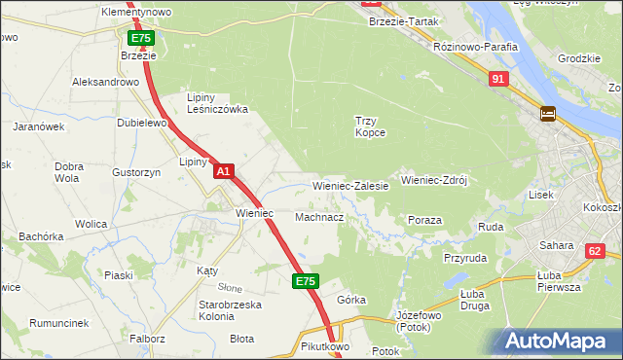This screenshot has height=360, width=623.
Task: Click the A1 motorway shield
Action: pyautogui.click(x=224, y=171)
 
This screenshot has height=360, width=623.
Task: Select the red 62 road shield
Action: pyautogui.click(x=595, y=251)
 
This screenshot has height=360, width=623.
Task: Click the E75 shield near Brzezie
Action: pyautogui.click(x=140, y=38)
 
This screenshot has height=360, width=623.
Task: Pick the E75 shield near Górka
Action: pyautogui.click(x=304, y=281)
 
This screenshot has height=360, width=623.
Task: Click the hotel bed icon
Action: pyautogui.click(x=547, y=114)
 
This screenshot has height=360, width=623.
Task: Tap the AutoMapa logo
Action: pyautogui.click(x=559, y=342)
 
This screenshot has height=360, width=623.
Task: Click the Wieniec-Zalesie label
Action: pyautogui.click(x=350, y=185)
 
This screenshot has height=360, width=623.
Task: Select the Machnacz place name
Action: pyautogui.click(x=318, y=217)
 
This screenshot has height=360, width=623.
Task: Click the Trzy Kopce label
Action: pyautogui.click(x=370, y=126)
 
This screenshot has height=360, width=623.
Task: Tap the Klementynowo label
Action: pyautogui.click(x=136, y=12)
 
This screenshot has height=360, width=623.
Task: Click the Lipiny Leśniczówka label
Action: pyautogui.click(x=217, y=103)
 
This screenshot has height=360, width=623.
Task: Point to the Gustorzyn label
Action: pyautogui.click(x=108, y=172)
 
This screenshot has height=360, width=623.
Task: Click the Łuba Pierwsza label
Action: pyautogui.click(x=559, y=281)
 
